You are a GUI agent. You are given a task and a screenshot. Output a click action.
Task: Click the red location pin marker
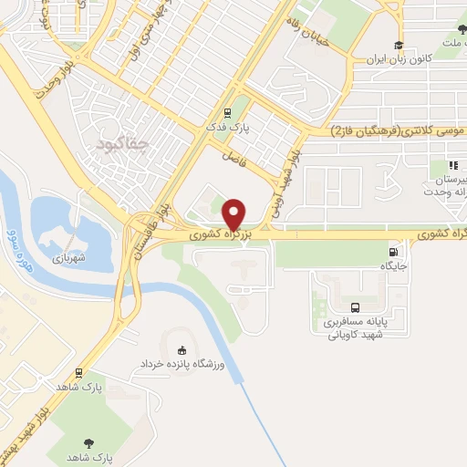pyautogui.click(x=234, y=214)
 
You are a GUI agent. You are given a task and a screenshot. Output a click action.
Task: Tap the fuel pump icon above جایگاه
pyautogui.click(x=393, y=253)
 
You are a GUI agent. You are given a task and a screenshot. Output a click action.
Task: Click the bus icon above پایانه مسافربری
pyautogui.click(x=355, y=308)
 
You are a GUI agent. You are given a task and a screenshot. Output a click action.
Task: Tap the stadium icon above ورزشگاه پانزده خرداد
pyautogui.click(x=182, y=350)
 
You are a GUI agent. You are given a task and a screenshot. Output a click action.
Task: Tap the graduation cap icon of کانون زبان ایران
pyautogui.click(x=398, y=46)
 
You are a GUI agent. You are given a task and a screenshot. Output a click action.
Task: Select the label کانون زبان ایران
pyautogui.click(x=398, y=60)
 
